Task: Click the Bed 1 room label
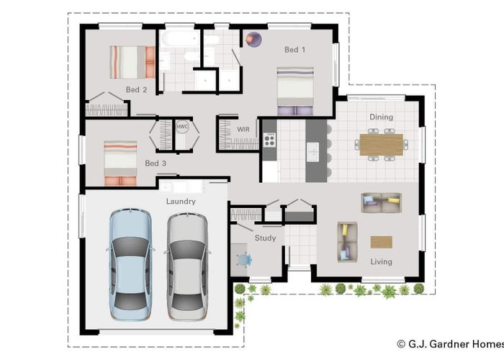(294, 50)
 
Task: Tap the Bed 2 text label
(136, 90)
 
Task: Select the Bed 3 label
(156, 163)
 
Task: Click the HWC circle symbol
(182, 127)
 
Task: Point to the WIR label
(243, 129)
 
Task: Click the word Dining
(381, 117)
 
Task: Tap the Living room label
(381, 261)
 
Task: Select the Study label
(265, 238)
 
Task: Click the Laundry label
(181, 201)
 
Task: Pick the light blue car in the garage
(130, 264)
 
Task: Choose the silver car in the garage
(187, 266)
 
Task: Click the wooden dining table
(381, 145)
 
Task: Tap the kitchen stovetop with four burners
(269, 140)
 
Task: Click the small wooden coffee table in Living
(381, 242)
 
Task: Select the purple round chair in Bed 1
(253, 40)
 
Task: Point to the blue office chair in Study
(244, 260)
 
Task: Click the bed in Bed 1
(295, 91)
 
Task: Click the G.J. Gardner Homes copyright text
(450, 344)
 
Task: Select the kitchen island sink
(312, 152)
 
